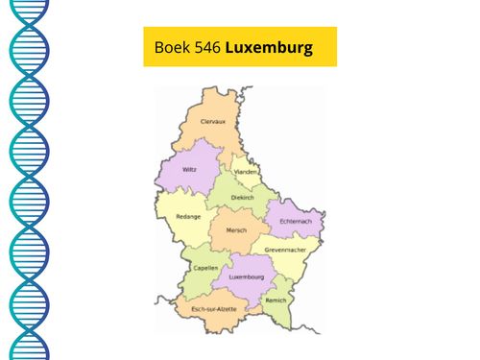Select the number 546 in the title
pos(205,47)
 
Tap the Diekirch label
pos(243,197)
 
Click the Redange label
pos(189,217)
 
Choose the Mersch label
pos(236,230)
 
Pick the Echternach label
pos(297,222)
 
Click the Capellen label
pos(204,270)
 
